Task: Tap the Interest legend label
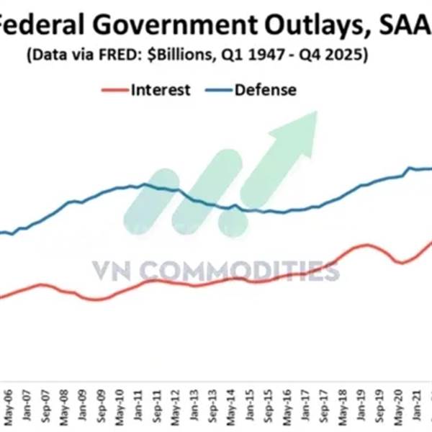click(160, 89)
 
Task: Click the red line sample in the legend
click(114, 90)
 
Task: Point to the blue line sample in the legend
click(217, 90)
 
